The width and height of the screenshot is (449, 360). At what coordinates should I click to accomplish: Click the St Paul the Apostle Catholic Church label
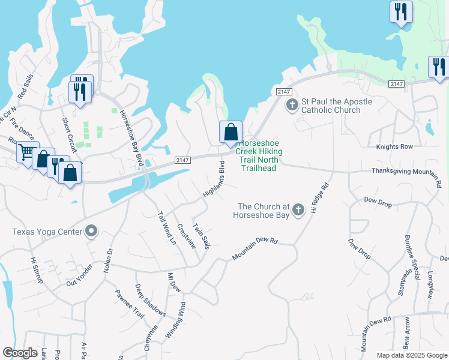tap(336, 106)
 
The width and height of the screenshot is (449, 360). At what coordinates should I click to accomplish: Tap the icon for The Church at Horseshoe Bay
tap(298, 209)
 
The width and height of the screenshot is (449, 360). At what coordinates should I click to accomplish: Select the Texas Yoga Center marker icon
tap(91, 231)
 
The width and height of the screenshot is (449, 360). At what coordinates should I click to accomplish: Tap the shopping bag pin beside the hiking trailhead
tap(231, 132)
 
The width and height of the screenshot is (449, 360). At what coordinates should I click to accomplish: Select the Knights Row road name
tap(394, 146)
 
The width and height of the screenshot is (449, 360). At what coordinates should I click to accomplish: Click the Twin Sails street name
tap(201, 236)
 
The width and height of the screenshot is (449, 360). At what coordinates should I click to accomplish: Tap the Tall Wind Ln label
tap(166, 227)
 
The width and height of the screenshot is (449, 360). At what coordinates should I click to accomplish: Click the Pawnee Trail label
tap(130, 304)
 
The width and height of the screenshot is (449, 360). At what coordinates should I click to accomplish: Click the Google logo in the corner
tap(20, 353)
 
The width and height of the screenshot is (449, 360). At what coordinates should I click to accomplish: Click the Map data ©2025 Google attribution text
tap(411, 355)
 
